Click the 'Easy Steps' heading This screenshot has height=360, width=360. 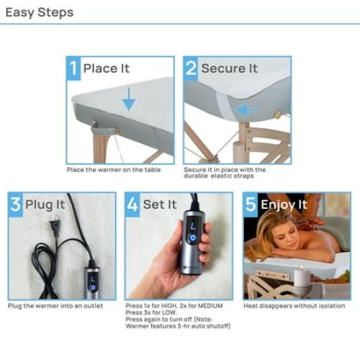(40, 12)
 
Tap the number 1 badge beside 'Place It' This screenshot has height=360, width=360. (73, 68)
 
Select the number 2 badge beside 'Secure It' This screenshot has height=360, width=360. (192, 68)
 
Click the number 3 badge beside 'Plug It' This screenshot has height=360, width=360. (16, 204)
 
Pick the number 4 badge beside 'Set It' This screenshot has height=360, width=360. (133, 204)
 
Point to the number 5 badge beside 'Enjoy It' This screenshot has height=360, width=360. (251, 204)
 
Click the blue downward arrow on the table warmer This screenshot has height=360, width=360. (128, 99)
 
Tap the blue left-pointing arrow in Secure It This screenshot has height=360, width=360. (248, 109)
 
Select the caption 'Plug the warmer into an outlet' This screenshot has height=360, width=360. (55, 306)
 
